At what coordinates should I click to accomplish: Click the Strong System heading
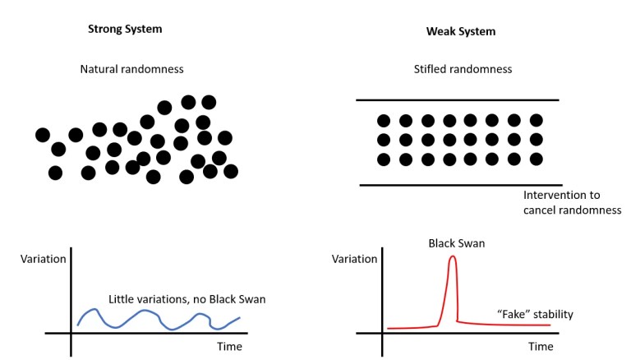click(x=125, y=30)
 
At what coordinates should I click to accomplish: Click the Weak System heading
click(x=462, y=31)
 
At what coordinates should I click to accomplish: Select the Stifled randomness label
click(x=463, y=70)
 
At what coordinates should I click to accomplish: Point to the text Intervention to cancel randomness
click(x=562, y=202)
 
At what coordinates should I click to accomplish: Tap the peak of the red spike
click(x=452, y=257)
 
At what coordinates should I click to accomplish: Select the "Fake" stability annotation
click(x=535, y=314)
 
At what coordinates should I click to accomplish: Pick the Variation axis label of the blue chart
click(x=44, y=259)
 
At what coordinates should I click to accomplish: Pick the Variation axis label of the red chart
click(x=354, y=259)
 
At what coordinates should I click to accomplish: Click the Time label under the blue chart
click(x=229, y=347)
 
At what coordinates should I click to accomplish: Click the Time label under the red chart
click(x=541, y=347)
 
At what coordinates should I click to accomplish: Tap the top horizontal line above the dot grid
click(x=457, y=100)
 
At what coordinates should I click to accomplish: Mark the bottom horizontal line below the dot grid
click(x=460, y=185)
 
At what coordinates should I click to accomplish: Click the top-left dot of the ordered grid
click(x=384, y=121)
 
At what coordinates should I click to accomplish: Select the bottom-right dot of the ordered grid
click(x=537, y=159)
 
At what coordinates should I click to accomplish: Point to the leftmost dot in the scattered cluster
click(x=43, y=135)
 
